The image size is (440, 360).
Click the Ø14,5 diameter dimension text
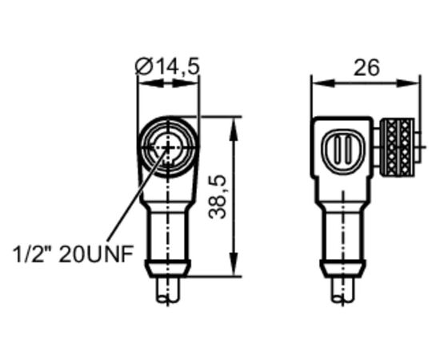pos(167,66)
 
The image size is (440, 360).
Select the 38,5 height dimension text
pos(218,197)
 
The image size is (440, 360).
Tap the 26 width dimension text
pos(366,68)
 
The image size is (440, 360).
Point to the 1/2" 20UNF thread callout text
pos(73,254)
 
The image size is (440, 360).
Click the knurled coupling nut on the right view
pos(397,147)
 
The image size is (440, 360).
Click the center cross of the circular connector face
pos(168,147)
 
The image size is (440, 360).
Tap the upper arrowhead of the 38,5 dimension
pos(234,129)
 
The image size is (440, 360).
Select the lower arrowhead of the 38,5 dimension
pos(234,264)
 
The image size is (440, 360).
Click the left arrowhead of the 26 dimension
pos(323,82)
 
